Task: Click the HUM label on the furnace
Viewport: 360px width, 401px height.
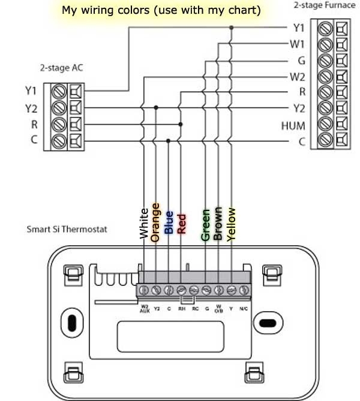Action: pos(293,126)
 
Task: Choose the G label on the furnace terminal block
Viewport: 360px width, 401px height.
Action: pos(301,61)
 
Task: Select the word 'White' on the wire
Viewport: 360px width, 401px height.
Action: pos(143,224)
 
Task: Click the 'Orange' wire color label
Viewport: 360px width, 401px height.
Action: pos(156,222)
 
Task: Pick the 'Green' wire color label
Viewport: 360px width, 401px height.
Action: pos(206,225)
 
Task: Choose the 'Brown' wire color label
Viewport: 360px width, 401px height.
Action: pos(218,224)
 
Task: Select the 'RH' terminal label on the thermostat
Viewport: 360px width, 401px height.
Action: pos(181,309)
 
